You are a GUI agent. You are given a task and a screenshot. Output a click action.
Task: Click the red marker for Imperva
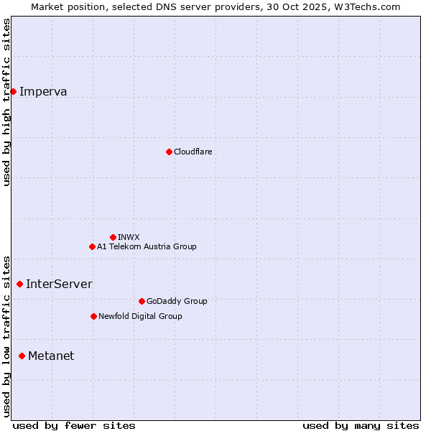tap(13, 91)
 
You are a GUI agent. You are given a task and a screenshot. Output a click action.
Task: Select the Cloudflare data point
tap(169, 152)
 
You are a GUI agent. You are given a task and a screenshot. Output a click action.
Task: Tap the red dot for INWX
tap(113, 237)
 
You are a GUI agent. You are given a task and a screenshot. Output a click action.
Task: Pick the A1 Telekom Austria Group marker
tap(92, 246)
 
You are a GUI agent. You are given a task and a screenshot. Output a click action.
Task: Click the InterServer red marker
tap(19, 284)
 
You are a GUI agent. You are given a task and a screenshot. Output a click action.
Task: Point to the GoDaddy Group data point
tap(142, 301)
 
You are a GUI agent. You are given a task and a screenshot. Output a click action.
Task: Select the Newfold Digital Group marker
tap(93, 316)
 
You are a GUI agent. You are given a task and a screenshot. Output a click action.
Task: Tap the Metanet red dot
tap(22, 356)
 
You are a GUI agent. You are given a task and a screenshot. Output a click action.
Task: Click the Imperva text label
tap(43, 91)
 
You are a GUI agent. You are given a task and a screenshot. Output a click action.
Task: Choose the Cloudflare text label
tap(193, 152)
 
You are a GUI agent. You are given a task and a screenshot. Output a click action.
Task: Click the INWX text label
tap(129, 237)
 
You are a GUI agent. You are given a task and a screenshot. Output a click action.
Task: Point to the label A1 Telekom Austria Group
tap(147, 246)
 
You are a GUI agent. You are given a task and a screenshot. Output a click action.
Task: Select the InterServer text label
tap(59, 284)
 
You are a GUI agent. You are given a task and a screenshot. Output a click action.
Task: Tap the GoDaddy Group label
tap(177, 301)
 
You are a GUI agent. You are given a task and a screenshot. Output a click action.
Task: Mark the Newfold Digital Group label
tap(140, 316)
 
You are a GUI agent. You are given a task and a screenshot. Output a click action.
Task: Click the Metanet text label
tap(51, 356)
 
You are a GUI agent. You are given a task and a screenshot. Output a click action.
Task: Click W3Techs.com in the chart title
tap(366, 6)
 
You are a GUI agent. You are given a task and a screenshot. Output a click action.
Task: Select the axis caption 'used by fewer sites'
tap(74, 425)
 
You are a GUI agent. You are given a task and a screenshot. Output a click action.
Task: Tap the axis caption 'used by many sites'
tap(361, 425)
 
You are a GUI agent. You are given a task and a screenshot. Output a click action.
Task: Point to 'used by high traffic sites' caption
tap(7, 102)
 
